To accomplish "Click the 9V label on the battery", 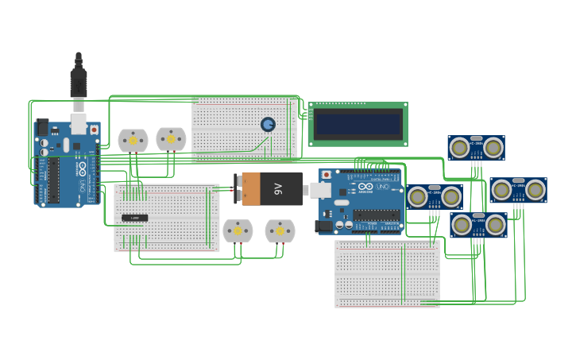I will coord(278,188).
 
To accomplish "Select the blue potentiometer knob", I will coord(268,125).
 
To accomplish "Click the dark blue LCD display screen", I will coord(358,124).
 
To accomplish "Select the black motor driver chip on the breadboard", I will coord(134,218).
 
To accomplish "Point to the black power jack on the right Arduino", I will coord(323,226).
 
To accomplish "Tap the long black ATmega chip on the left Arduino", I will coord(53,179).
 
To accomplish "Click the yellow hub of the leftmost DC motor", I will coord(133,141).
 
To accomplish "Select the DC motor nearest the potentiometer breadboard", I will coord(171,140).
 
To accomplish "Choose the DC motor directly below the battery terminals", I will coord(237,231).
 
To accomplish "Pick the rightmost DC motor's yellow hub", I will coord(280,231).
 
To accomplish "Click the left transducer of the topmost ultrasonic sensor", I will coord(458,147).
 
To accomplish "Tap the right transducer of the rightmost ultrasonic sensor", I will coord(535,190).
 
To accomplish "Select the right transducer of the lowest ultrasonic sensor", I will coord(497,225).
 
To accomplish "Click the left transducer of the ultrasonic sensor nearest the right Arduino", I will coord(418,196).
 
